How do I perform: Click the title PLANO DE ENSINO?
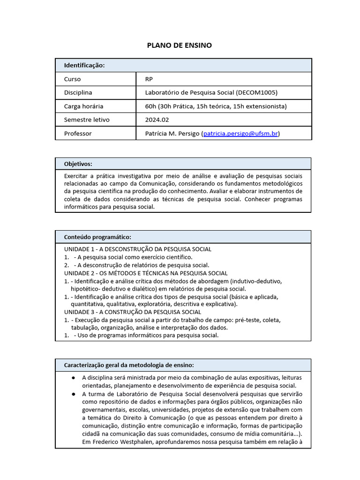pyautogui.click(x=180, y=45)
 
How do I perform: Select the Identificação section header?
pyautogui.click(x=84, y=65)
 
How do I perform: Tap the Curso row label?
pyautogui.click(x=73, y=79)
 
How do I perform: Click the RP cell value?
pyautogui.click(x=149, y=79)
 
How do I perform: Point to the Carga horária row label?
pyautogui.click(x=83, y=106)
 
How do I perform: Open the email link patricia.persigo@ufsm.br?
pyautogui.click(x=240, y=134)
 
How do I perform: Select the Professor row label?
pyautogui.click(x=78, y=134)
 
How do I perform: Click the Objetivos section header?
pyautogui.click(x=78, y=164)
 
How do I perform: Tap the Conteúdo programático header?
pyautogui.click(x=97, y=237)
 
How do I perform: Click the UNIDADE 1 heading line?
pyautogui.click(x=138, y=249)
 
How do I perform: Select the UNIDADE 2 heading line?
pyautogui.click(x=146, y=273)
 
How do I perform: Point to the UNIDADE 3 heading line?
pyautogui.click(x=133, y=312)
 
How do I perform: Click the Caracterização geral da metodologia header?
pyautogui.click(x=129, y=365)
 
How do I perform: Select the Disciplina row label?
pyautogui.click(x=78, y=93)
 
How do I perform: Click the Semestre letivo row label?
pyautogui.click(x=87, y=120)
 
